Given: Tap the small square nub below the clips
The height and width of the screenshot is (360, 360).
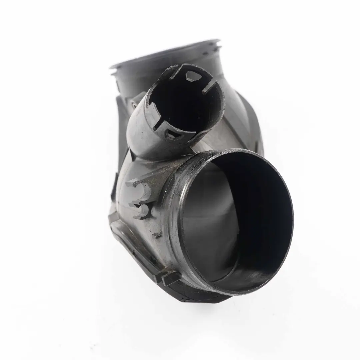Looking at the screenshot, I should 156,235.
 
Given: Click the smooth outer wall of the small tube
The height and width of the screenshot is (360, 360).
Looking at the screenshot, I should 140,133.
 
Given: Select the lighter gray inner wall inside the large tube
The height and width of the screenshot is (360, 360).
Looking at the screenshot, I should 207,227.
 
